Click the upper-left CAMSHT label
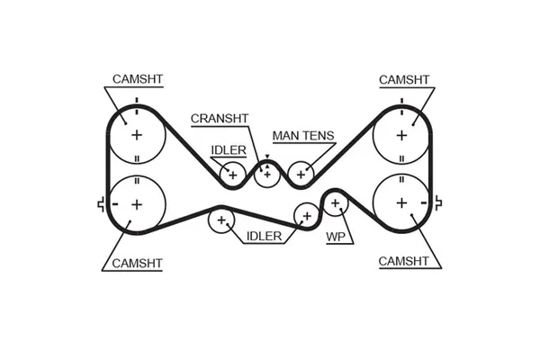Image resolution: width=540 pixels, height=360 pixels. pyautogui.click(x=139, y=79)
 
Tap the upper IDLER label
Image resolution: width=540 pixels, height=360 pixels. pyautogui.click(x=229, y=149)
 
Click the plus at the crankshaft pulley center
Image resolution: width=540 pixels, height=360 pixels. pyautogui.click(x=266, y=173)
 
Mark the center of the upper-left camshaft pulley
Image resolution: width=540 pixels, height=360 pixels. pyautogui.click(x=137, y=135)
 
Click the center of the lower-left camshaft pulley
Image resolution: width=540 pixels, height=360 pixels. pyautogui.click(x=137, y=204)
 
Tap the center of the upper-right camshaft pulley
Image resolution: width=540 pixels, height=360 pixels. pyautogui.click(x=402, y=135)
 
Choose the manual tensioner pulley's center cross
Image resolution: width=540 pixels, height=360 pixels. pyautogui.click(x=300, y=173)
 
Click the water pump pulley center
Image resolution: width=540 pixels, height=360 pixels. pyautogui.click(x=336, y=203)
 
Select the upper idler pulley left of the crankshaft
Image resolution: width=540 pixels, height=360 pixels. pyautogui.click(x=233, y=173)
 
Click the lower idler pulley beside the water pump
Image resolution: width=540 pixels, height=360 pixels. pyautogui.click(x=307, y=216)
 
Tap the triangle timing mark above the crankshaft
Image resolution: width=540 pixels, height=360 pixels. pyautogui.click(x=266, y=157)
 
